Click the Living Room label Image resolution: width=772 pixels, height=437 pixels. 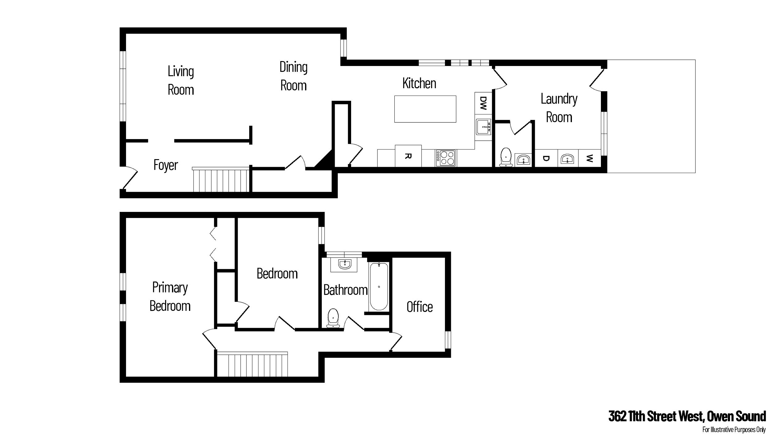pos(181,80)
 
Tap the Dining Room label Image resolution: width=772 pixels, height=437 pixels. pos(293,76)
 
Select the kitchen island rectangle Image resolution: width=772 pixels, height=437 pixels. pos(425,109)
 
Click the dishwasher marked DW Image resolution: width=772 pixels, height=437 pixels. pos(483,103)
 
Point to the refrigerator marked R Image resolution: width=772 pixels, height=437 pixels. pos(408,156)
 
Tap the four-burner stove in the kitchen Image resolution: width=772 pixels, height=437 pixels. pos(446,158)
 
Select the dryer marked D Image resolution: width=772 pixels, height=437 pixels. pos(546,159)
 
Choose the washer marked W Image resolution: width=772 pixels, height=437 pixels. pos(589,159)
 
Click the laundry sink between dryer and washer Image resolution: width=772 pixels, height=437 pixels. pos(568,159)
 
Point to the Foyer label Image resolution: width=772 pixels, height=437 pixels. pos(166,165)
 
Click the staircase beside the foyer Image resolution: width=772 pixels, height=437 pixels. pos(221,179)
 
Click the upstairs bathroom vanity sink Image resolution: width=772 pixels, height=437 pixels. pos(344,264)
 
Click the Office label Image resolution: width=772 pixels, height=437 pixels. pos(419,307)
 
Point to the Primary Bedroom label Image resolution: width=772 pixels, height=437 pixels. pos(170,297)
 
